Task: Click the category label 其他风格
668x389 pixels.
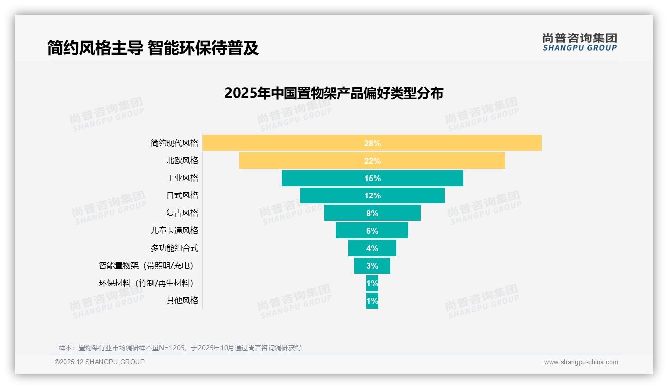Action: click(182, 300)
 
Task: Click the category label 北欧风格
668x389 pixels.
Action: click(182, 161)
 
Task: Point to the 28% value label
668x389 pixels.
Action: click(372, 143)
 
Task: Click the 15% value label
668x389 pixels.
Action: click(372, 178)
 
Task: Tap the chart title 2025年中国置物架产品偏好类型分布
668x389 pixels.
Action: click(334, 93)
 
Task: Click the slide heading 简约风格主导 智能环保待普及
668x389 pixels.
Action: click(153, 48)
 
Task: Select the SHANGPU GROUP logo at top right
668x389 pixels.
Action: click(579, 42)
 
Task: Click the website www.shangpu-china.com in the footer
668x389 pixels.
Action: click(581, 362)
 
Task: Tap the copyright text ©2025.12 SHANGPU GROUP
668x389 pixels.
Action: click(100, 362)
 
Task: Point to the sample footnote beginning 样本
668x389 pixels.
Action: click(180, 348)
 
